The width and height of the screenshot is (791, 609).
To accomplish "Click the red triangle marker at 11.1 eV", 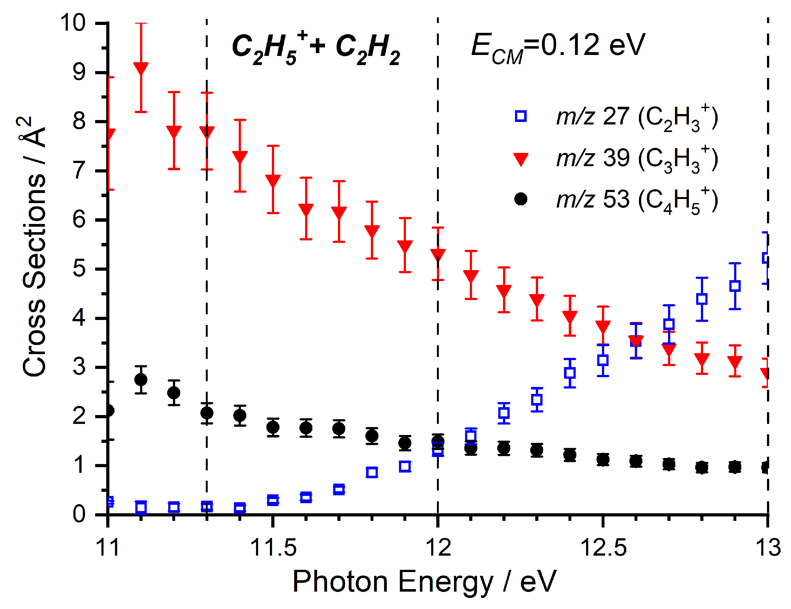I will pyautogui.click(x=141, y=68).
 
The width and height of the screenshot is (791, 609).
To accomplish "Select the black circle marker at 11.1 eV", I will pyautogui.click(x=141, y=380).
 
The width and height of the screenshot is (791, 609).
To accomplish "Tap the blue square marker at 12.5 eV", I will pyautogui.click(x=603, y=360).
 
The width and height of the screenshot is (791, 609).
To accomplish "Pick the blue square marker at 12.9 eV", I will pyautogui.click(x=734, y=286).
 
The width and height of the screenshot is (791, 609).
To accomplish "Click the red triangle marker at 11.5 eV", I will pyautogui.click(x=273, y=180).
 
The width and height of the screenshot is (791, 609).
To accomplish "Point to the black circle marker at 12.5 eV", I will pyautogui.click(x=603, y=460).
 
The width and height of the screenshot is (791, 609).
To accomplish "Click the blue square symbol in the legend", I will pyautogui.click(x=520, y=116).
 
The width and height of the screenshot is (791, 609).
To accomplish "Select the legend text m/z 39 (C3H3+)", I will pyautogui.click(x=637, y=159).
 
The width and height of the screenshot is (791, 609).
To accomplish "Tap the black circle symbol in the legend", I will pyautogui.click(x=520, y=199).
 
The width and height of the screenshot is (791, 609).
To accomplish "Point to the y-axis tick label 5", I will pyautogui.click(x=79, y=269).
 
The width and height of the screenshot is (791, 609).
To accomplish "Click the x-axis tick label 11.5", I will pyautogui.click(x=273, y=547).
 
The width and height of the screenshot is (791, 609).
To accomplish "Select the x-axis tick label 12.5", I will pyautogui.click(x=603, y=547).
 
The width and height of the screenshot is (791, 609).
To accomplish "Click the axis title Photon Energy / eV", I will pyautogui.click(x=424, y=582).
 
